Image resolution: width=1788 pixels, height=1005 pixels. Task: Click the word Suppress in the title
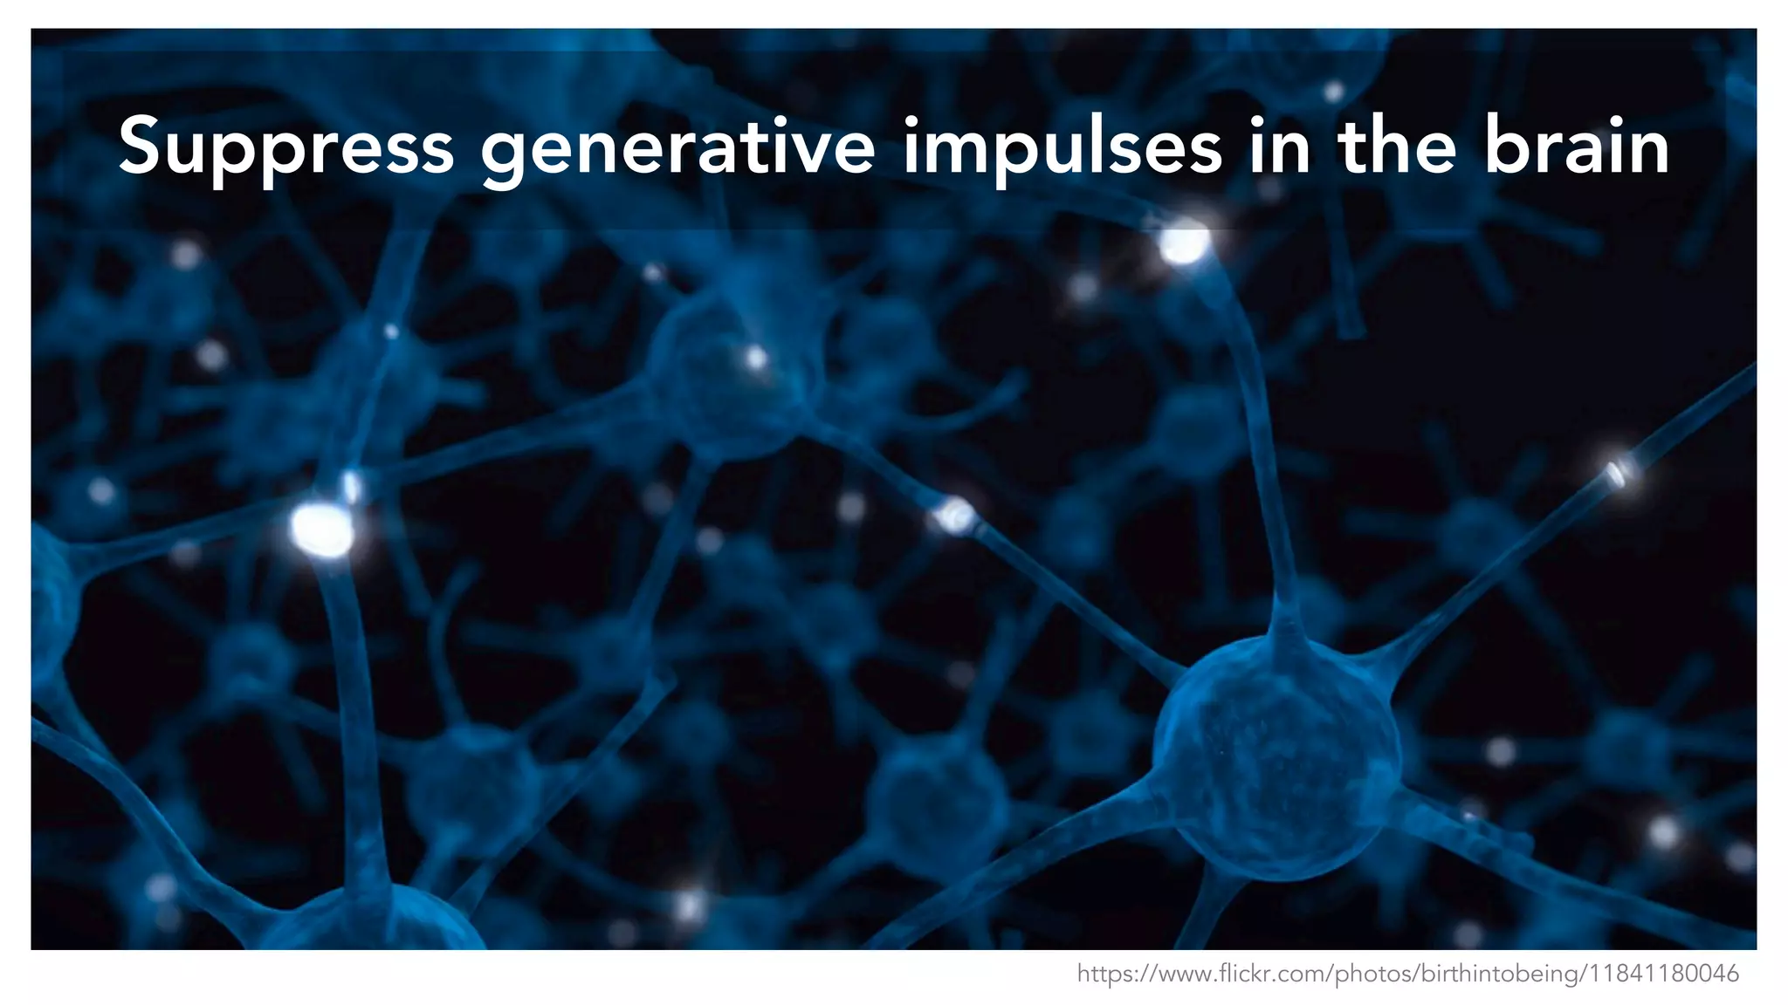(x=285, y=147)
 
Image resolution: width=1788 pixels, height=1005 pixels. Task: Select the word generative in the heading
(x=677, y=148)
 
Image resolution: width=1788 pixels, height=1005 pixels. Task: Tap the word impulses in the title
(x=1062, y=148)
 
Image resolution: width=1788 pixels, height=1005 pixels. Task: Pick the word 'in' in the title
(x=1280, y=147)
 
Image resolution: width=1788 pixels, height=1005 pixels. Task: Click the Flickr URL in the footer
(x=1407, y=974)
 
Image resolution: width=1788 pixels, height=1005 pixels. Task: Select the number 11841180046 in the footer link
(x=1661, y=974)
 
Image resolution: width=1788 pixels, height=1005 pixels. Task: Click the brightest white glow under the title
(x=1184, y=243)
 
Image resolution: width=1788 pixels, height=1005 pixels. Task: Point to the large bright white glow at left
(x=321, y=529)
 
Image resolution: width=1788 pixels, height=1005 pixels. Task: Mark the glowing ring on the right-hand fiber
(x=1617, y=474)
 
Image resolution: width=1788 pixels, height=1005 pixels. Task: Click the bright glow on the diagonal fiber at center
(x=955, y=515)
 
